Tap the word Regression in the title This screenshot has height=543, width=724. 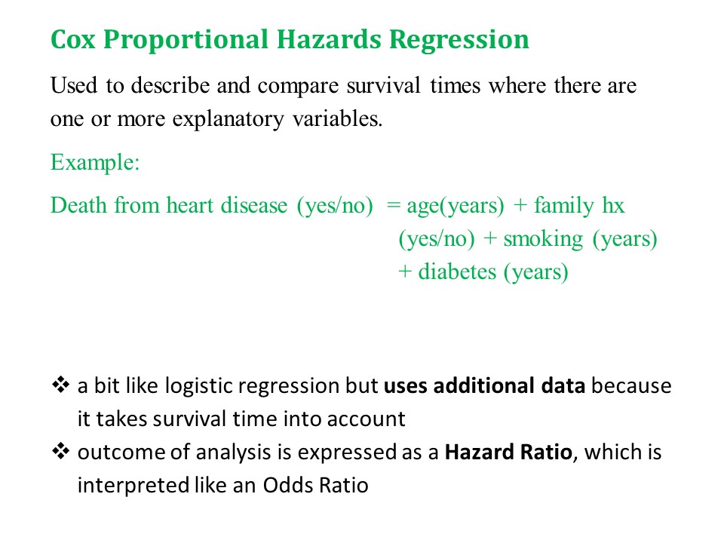coord(459,41)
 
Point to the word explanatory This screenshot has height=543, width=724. coord(228,120)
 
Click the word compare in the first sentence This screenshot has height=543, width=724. coord(299,86)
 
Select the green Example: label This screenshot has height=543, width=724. coord(95,163)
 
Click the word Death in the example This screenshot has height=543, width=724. coord(79,205)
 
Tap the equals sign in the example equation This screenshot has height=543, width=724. coord(393,206)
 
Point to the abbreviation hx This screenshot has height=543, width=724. coord(613,205)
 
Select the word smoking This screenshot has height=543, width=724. coord(543,240)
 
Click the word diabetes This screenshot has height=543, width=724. coord(457,272)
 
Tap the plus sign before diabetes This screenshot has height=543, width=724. coord(404,272)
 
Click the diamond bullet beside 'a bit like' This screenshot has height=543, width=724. coord(60,385)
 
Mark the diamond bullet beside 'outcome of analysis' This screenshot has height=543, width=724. coord(60,451)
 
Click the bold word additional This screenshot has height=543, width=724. coord(483,385)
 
